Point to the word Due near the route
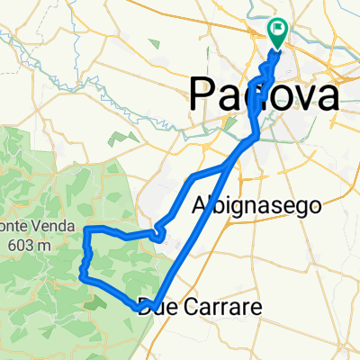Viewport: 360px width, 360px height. point(158,309)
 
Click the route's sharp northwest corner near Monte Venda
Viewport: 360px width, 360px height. point(85,230)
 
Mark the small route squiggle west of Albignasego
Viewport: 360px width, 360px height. point(159,234)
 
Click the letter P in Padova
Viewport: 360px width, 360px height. point(201,94)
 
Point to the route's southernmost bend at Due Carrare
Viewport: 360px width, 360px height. point(141,310)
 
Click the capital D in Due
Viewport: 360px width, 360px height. point(147,309)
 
